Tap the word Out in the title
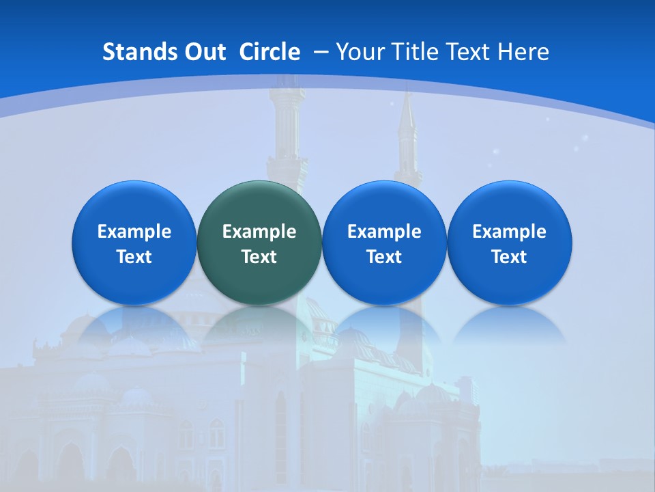coord(203,52)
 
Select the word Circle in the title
coord(270,52)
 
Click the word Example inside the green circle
coord(259,232)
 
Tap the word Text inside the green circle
coord(259,257)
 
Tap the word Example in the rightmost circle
coord(510,232)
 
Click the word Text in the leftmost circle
coord(134,257)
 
